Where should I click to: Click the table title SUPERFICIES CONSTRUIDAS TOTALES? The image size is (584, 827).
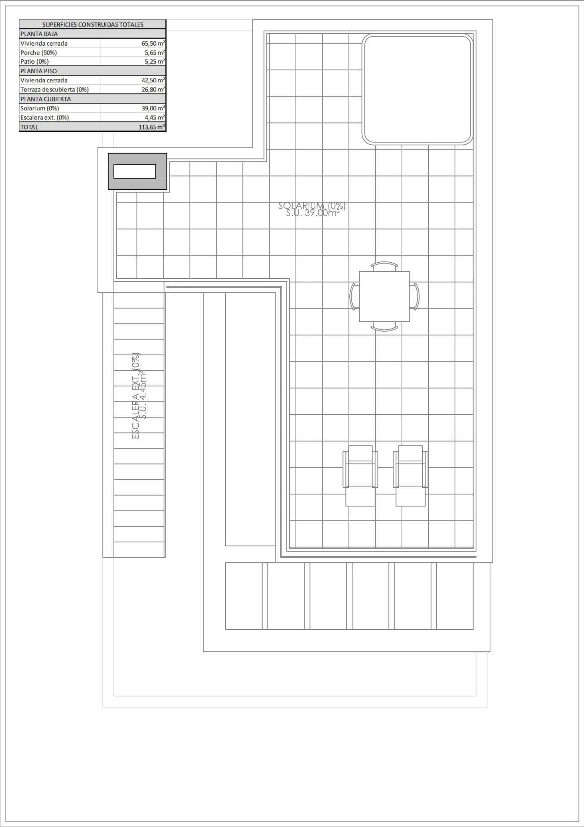click(x=93, y=25)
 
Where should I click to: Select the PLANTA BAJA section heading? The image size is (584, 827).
click(x=39, y=34)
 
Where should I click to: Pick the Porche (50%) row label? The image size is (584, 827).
click(x=39, y=53)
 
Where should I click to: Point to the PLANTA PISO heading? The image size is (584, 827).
click(x=39, y=71)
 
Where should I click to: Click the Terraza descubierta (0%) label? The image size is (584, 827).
click(x=55, y=90)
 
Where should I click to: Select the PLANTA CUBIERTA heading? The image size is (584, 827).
click(x=46, y=99)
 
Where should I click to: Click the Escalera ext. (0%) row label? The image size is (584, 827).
click(x=45, y=118)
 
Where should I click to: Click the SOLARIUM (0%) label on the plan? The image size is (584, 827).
click(x=312, y=206)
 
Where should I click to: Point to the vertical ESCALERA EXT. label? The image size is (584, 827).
click(x=136, y=396)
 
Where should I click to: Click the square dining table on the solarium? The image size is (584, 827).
click(x=384, y=296)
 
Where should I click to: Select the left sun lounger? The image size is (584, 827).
click(x=360, y=476)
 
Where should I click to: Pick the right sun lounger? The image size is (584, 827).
click(x=410, y=476)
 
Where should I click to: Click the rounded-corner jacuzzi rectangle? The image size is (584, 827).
click(x=417, y=89)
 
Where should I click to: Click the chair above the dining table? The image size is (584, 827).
click(x=384, y=266)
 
